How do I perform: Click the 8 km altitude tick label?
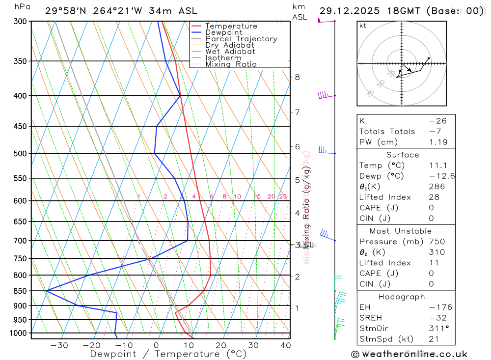point(298,77)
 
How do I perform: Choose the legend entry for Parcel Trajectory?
point(241,39)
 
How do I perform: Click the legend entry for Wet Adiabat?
point(230,52)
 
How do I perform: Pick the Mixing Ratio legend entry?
point(231,64)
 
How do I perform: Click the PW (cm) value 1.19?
point(437,142)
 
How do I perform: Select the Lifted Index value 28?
point(434,197)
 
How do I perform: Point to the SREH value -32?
point(435,318)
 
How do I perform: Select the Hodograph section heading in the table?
point(402,297)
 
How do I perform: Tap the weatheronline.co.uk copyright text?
point(409,354)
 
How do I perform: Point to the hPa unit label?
point(21,7)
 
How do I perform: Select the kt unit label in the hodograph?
point(363,26)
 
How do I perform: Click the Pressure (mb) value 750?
point(436,241)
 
